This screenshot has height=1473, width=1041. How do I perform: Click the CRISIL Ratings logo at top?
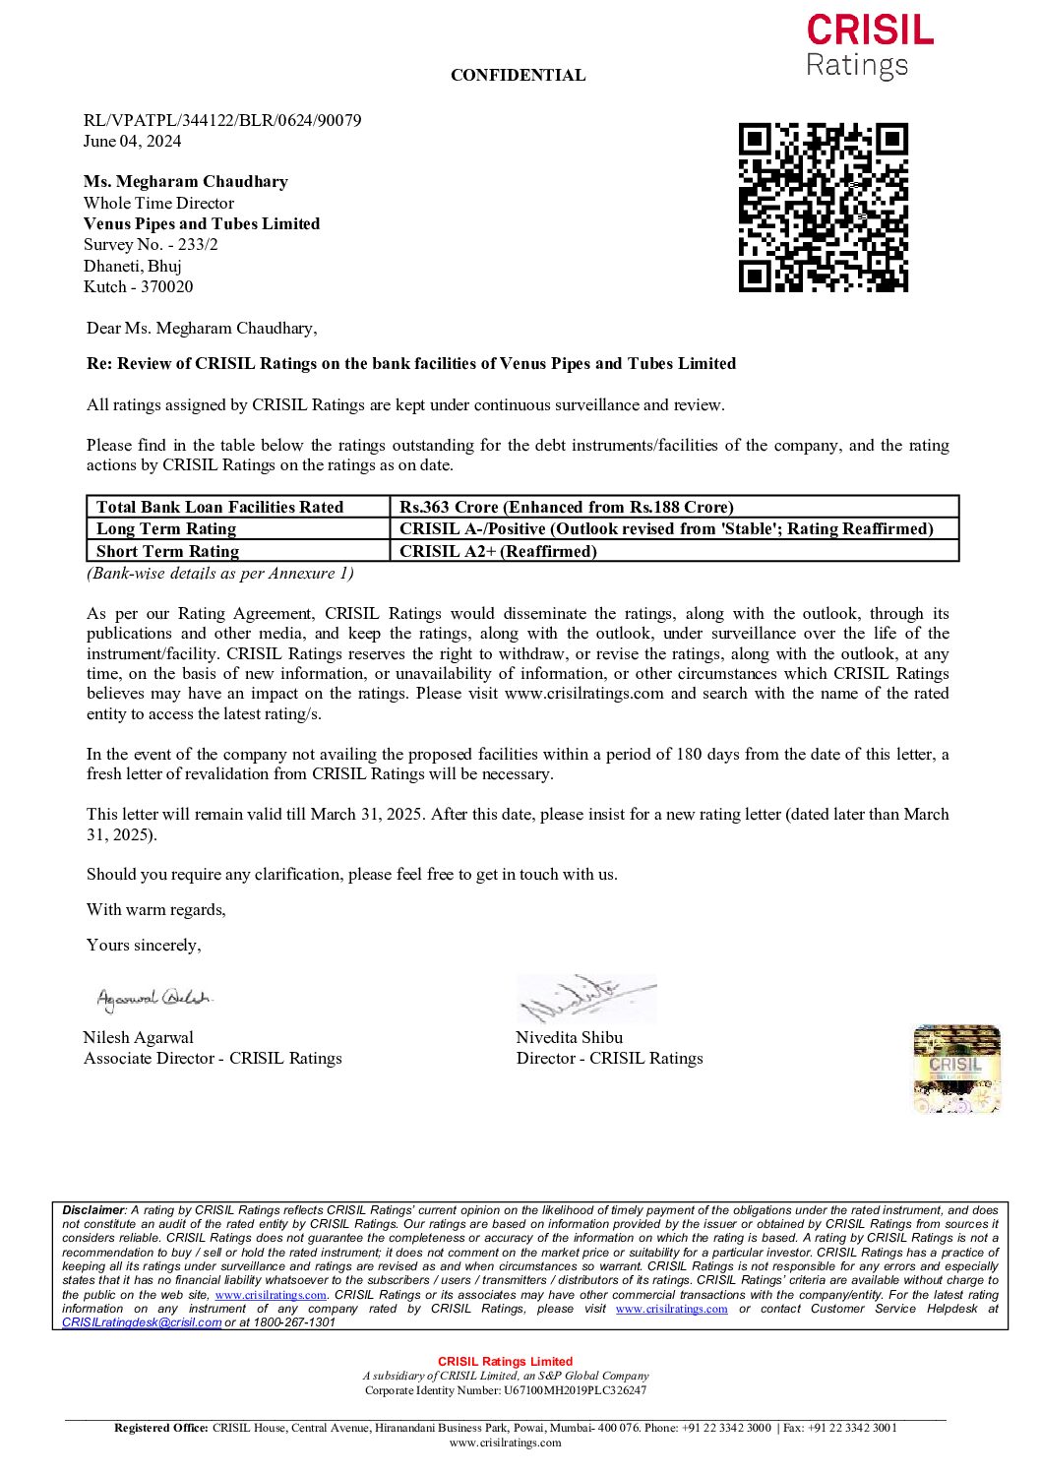pyautogui.click(x=869, y=46)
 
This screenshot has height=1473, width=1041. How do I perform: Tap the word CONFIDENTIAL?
pyautogui.click(x=518, y=75)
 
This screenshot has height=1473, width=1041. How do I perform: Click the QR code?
pyautogui.click(x=823, y=208)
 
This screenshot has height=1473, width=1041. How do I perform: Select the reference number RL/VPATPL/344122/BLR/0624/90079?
pyautogui.click(x=222, y=120)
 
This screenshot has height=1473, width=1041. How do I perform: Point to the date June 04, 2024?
pyautogui.click(x=132, y=141)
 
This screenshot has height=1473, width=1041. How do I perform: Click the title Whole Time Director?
pyautogui.click(x=158, y=203)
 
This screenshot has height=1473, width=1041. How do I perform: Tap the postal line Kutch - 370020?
pyautogui.click(x=138, y=286)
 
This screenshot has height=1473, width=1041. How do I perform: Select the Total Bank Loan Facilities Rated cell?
pyautogui.click(x=219, y=507)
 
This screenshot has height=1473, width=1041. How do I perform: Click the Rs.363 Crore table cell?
pyautogui.click(x=567, y=507)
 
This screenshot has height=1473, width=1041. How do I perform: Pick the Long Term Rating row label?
pyautogui.click(x=166, y=528)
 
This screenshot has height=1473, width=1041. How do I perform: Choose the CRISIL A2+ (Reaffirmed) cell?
pyautogui.click(x=498, y=551)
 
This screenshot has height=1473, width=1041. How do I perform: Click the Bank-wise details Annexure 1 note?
pyautogui.click(x=220, y=573)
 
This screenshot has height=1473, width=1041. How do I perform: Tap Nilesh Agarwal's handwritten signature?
pyautogui.click(x=153, y=999)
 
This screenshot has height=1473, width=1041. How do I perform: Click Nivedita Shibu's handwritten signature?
pyautogui.click(x=584, y=999)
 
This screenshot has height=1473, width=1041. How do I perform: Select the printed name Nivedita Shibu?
pyautogui.click(x=569, y=1037)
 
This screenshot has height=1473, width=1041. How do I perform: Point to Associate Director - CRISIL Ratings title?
pyautogui.click(x=213, y=1058)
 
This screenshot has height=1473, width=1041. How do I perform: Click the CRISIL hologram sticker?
pyautogui.click(x=956, y=1069)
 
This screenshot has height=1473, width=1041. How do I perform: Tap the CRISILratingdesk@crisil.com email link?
pyautogui.click(x=141, y=1322)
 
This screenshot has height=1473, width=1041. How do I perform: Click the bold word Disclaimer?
pyautogui.click(x=93, y=1210)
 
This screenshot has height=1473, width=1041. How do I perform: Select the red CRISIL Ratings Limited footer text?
pyautogui.click(x=505, y=1362)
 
